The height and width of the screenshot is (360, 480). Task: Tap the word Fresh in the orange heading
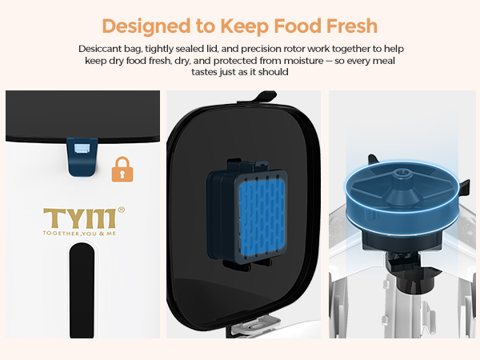[346, 25]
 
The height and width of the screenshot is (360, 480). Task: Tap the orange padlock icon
[122, 169]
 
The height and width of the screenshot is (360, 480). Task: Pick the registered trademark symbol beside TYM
[122, 210]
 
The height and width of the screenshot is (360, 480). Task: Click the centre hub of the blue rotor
[402, 175]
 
